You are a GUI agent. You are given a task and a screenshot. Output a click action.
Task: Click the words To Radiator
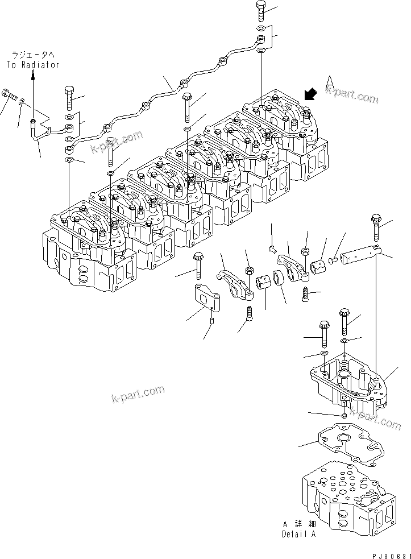coord(33,65)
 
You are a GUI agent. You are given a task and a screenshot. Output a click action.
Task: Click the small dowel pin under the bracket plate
coord(211,322)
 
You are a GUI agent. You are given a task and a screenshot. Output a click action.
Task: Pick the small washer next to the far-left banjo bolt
coord(21,102)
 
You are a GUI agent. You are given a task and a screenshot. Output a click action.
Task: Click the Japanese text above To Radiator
coord(32,55)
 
